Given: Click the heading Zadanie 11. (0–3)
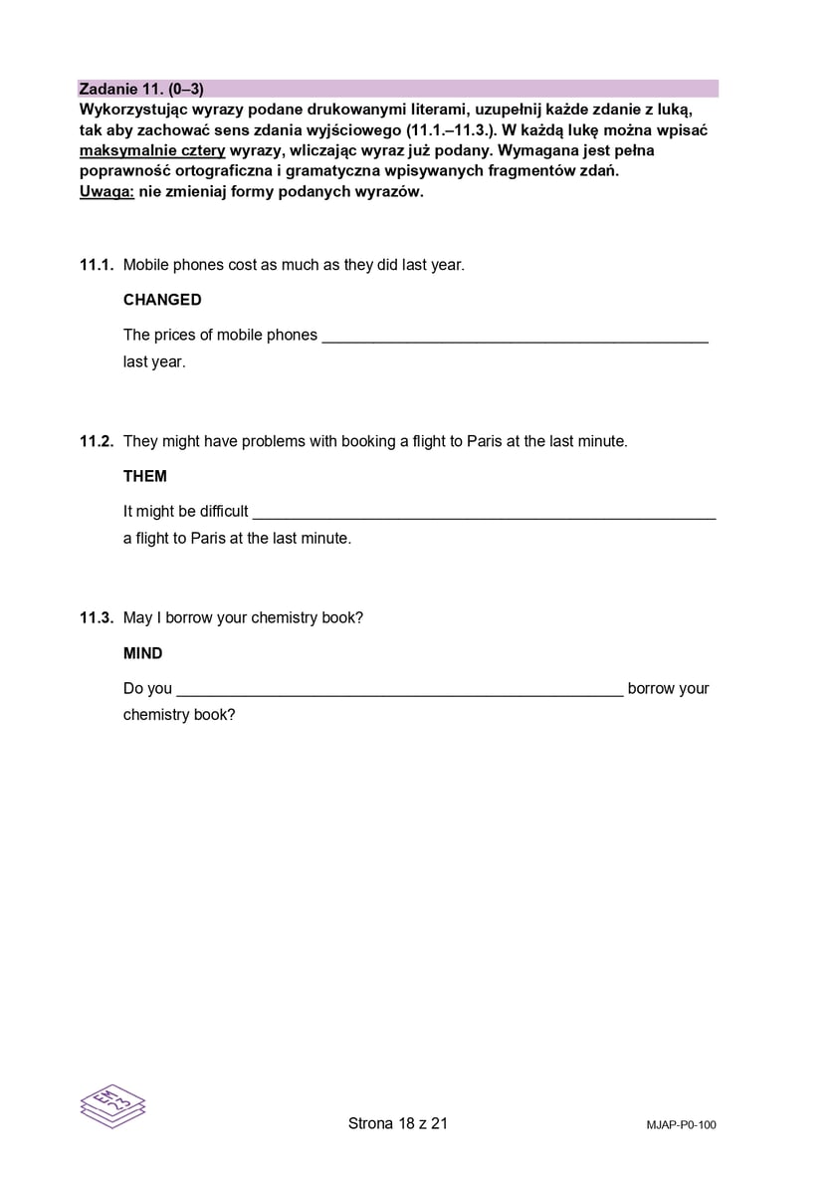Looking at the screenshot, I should (141, 89).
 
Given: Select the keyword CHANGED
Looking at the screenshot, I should (162, 300).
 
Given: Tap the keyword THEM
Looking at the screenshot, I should (145, 476).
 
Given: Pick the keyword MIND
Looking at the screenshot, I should (143, 653).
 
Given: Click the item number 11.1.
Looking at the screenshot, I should (97, 265).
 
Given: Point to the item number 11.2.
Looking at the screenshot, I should (97, 441).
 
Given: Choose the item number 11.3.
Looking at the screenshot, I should (97, 617).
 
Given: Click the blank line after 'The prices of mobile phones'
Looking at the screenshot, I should (516, 337).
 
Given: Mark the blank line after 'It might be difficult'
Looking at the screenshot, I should (484, 513).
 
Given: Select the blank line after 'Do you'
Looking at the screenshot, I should (400, 689).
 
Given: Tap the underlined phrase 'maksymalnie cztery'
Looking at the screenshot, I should (151, 151).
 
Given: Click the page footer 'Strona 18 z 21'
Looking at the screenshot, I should (398, 1123).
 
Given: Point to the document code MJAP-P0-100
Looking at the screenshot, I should (681, 1125).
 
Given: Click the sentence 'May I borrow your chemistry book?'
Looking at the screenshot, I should (243, 617).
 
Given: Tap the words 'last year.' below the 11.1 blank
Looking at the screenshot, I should (154, 362).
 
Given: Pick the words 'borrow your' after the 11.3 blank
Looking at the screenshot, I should (668, 689).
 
